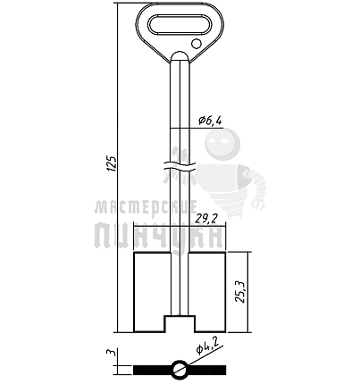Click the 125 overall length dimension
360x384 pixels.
113,163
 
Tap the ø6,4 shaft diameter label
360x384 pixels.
211,121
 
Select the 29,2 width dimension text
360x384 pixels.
205,219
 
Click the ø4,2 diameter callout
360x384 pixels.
207,346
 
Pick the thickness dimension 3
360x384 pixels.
112,353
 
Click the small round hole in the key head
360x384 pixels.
197,44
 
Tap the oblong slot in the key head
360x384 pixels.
180,24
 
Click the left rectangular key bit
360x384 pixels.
152,292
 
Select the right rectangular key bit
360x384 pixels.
207,292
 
